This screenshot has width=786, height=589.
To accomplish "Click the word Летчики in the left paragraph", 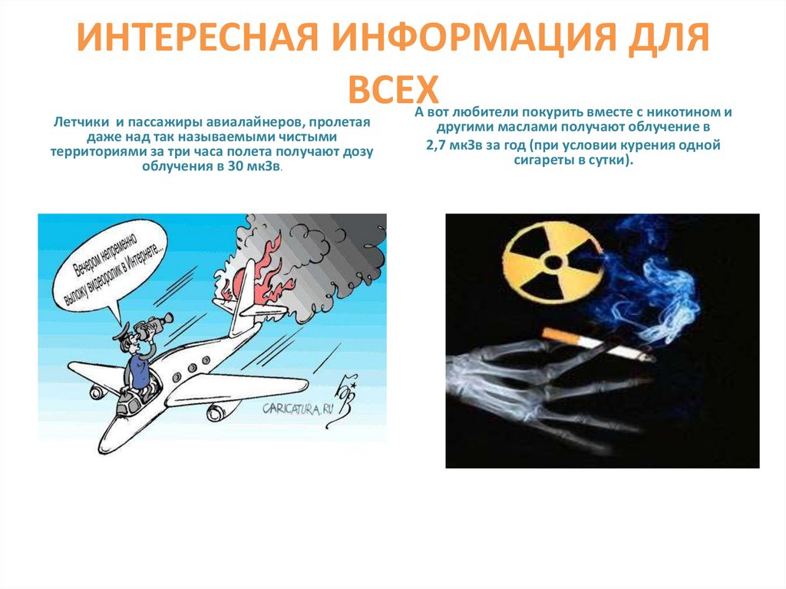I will click(78, 122).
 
